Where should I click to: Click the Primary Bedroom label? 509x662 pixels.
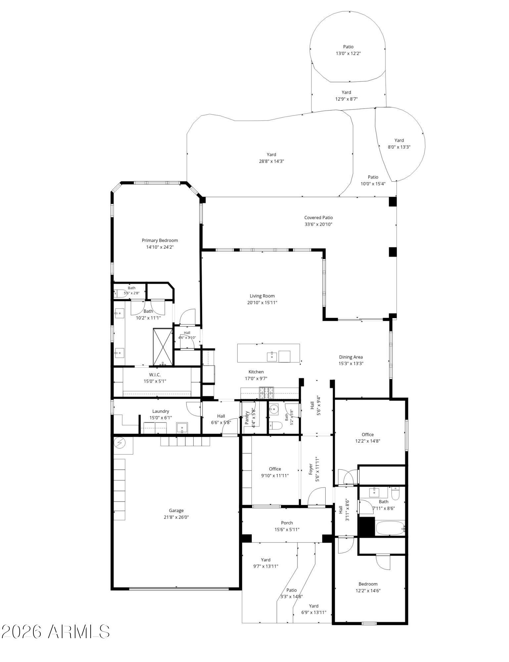(160, 240)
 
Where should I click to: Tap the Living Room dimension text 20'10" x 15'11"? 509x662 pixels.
(262, 303)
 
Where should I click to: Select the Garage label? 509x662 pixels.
(176, 510)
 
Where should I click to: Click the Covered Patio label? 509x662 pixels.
(318, 217)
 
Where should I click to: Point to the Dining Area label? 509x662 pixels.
(351, 357)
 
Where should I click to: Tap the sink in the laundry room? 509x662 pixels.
(182, 428)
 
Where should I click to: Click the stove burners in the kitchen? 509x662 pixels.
(267, 393)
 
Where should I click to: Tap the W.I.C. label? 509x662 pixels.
(155, 375)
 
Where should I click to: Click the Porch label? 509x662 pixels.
(287, 523)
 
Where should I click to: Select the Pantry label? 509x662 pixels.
(247, 418)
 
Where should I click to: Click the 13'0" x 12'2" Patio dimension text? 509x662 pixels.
(348, 53)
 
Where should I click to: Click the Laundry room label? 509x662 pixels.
(161, 411)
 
